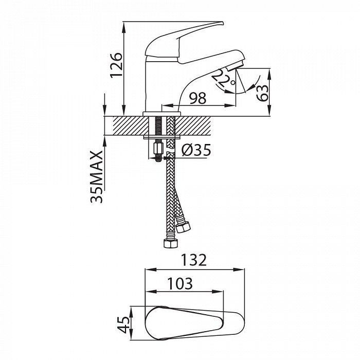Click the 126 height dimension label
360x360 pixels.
(x=116, y=65)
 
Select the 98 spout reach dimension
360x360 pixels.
(x=197, y=98)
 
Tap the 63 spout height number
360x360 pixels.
(x=262, y=93)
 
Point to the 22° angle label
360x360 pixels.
(x=223, y=79)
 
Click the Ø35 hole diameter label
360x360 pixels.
(x=196, y=150)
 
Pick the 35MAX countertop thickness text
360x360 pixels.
(x=97, y=176)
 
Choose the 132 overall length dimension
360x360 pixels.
(x=194, y=260)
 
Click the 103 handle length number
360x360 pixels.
(x=180, y=283)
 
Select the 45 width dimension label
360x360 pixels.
(x=123, y=325)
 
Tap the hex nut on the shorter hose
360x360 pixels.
(x=183, y=227)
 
